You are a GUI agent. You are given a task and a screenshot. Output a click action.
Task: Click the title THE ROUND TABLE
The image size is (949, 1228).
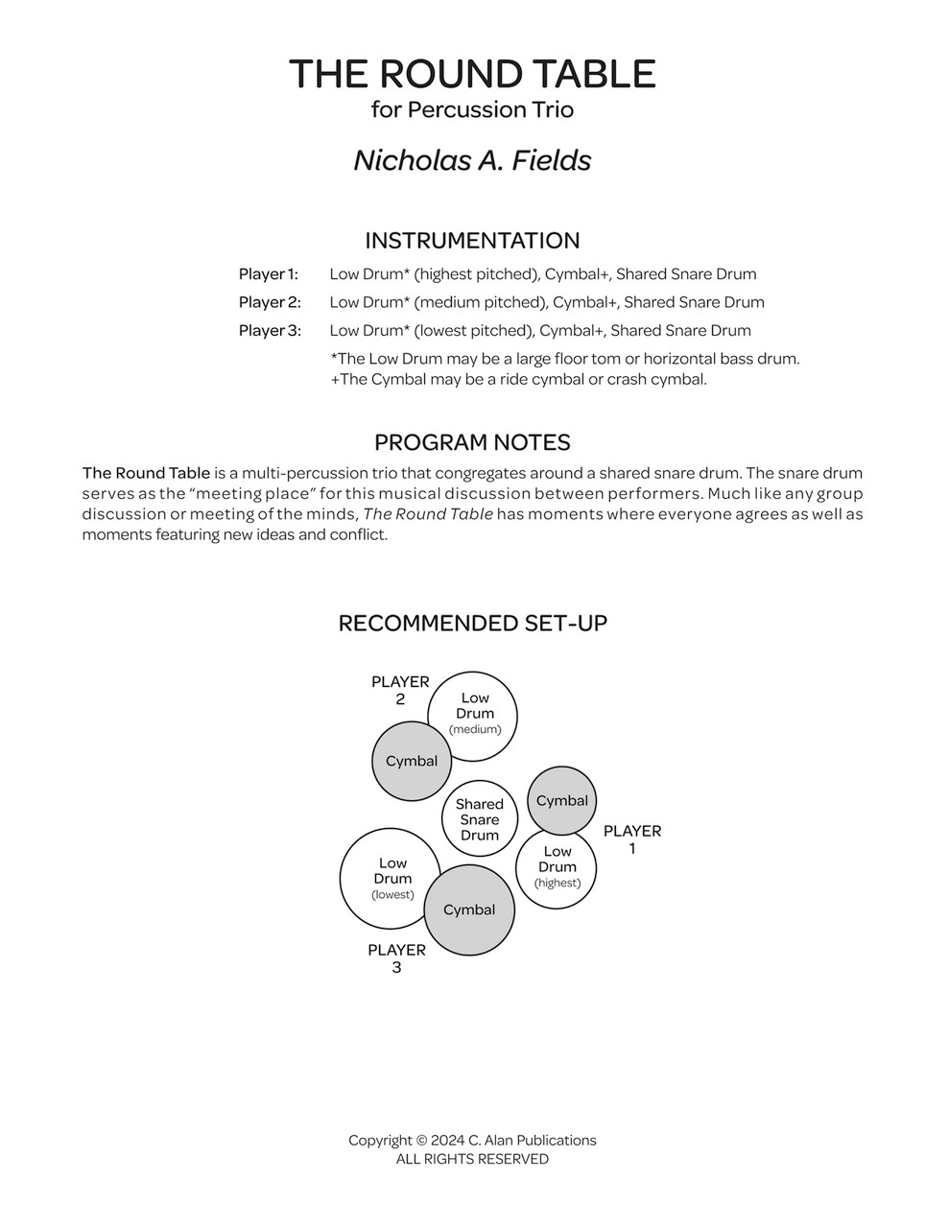point(472,74)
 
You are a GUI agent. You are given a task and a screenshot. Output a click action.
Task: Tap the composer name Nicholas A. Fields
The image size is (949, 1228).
point(472,159)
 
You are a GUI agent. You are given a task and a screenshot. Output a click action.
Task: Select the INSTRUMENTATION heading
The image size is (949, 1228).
point(472,240)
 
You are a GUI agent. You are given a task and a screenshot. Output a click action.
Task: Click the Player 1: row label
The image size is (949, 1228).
point(269,274)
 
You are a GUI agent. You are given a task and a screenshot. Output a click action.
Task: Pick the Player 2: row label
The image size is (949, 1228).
point(270,302)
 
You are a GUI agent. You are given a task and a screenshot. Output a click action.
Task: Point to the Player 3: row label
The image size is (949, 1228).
point(270,331)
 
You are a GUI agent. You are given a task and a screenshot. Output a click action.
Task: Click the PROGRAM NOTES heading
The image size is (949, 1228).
point(472,442)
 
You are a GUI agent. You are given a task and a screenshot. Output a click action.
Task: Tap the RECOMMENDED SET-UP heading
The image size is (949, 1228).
point(472,624)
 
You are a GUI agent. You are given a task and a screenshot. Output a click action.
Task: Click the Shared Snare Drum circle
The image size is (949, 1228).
point(479,819)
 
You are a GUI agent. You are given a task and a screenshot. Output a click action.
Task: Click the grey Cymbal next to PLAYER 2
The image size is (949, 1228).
point(412,761)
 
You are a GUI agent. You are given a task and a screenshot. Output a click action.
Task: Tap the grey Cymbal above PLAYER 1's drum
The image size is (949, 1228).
point(562,800)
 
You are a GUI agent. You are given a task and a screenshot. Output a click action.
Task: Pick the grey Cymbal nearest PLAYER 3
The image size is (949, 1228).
point(469,909)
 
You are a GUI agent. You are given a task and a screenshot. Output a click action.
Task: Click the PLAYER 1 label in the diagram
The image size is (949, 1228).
point(632,839)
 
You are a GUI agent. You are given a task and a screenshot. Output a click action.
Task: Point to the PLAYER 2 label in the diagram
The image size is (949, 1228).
point(400,690)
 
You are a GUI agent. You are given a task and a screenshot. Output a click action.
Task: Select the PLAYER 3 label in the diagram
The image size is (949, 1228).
point(396,958)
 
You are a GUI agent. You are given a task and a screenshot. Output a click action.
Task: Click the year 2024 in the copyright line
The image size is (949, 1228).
point(447,1141)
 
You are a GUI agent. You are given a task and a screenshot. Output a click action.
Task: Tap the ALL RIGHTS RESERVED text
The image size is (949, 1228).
point(472,1159)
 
